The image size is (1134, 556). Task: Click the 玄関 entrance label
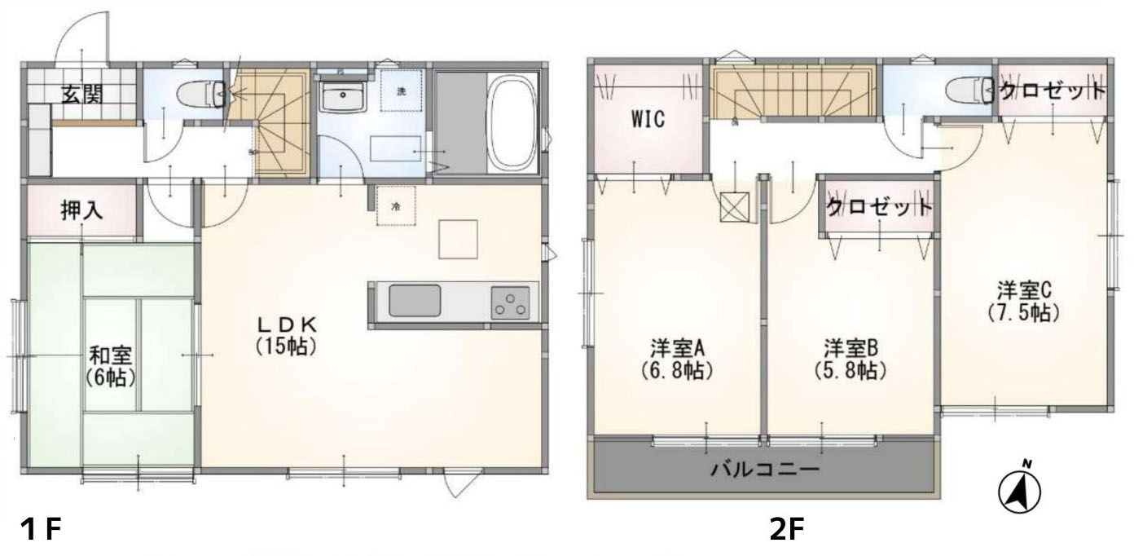(82, 95)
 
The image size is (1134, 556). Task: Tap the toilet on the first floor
(202, 95)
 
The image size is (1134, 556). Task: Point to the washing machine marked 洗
(401, 90)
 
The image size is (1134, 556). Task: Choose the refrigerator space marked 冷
(396, 205)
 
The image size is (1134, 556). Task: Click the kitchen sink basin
(415, 301)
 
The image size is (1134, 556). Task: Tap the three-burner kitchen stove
(510, 303)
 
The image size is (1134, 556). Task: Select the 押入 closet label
(82, 210)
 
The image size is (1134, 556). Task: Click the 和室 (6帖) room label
(110, 366)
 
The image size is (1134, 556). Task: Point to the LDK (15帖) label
(287, 335)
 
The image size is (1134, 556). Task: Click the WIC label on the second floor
(648, 120)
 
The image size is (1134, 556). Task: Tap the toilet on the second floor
(969, 93)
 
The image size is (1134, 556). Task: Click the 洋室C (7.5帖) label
(1024, 302)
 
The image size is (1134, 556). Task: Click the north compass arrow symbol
(1019, 488)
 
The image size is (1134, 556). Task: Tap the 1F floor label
(41, 529)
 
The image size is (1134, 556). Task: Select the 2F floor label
(787, 529)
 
